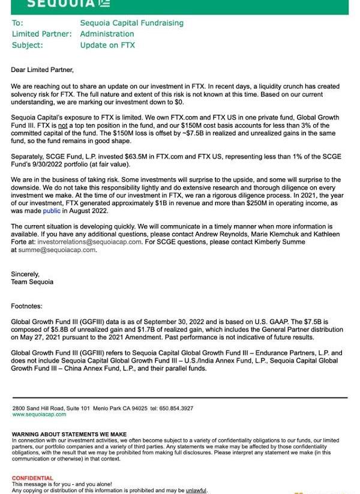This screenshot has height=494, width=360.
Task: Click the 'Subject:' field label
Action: click(27, 45)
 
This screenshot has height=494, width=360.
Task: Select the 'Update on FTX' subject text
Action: click(107, 45)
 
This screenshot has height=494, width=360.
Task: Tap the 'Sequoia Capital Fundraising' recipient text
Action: click(132, 23)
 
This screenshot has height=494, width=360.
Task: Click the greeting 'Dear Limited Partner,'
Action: click(42, 70)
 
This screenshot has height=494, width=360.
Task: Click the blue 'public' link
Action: click(52, 211)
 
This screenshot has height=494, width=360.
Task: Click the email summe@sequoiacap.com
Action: click(58, 250)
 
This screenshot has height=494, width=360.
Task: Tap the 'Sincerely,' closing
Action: click(25, 274)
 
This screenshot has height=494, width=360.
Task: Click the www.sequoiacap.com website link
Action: click(39, 414)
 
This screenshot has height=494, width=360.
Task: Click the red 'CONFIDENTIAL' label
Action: click(32, 478)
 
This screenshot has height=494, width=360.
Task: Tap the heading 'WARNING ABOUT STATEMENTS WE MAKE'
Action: click(69, 434)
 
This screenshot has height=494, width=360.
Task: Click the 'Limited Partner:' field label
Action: click(41, 34)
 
